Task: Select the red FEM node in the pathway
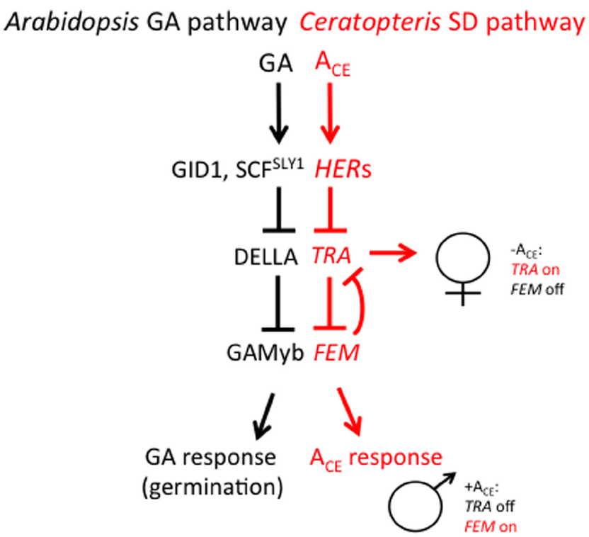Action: (x=336, y=352)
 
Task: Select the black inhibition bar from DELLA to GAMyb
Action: (x=281, y=305)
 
